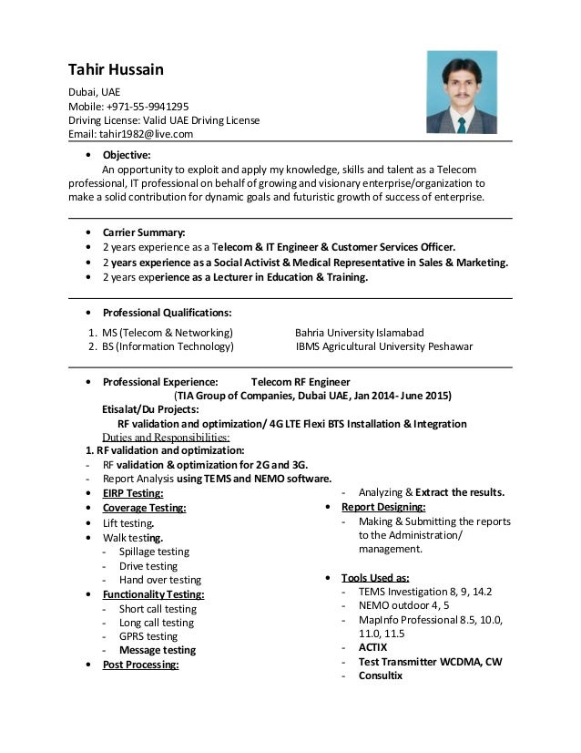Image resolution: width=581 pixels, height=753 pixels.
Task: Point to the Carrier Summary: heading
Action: click(144, 232)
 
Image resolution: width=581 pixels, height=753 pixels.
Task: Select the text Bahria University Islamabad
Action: click(360, 332)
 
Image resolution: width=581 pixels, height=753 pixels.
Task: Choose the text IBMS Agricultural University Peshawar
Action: click(384, 346)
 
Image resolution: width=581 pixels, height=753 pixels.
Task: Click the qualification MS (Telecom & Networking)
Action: click(167, 332)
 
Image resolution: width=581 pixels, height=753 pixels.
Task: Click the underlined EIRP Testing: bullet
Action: click(133, 493)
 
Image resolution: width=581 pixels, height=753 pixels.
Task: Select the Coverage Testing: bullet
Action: click(144, 508)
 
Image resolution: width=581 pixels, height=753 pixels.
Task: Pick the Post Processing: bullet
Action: click(140, 665)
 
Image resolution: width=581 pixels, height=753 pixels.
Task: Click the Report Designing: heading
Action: click(383, 507)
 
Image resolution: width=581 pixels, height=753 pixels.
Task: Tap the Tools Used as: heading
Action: click(375, 577)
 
